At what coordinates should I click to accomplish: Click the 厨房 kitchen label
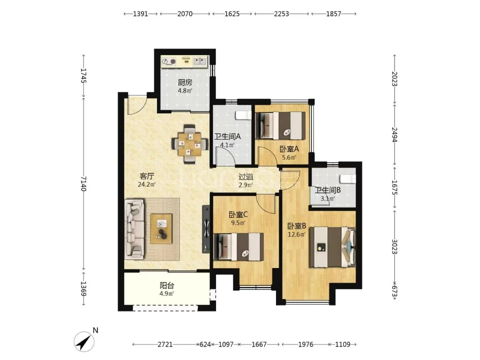point(185,82)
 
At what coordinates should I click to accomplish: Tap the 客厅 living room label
point(147,176)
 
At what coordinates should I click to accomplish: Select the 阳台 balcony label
point(167,286)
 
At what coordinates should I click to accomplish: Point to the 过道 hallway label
point(246,177)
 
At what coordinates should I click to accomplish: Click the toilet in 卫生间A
point(244,116)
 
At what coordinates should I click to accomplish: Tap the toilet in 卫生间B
point(348,179)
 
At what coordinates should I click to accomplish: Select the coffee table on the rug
point(161,229)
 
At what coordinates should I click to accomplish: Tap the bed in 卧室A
point(281,126)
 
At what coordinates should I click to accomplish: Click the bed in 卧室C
point(239,247)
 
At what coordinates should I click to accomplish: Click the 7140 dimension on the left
point(84,184)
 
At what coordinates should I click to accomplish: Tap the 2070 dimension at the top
point(185,14)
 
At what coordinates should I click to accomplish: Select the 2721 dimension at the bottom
point(165,344)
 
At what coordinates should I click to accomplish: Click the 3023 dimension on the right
point(395,246)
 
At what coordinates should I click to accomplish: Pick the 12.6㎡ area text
point(296,235)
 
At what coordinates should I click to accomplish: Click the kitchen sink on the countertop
point(200,61)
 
